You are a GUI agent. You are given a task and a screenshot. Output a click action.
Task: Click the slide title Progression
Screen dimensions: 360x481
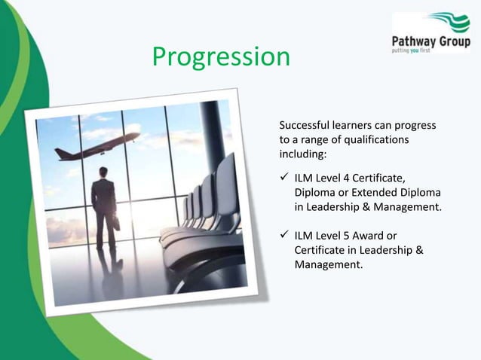click(220, 57)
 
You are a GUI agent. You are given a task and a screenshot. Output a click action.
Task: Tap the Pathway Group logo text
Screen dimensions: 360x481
click(429, 40)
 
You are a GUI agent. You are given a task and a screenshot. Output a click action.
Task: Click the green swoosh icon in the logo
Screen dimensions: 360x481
click(449, 22)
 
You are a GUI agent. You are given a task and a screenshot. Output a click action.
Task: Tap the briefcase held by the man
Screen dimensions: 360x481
click(117, 222)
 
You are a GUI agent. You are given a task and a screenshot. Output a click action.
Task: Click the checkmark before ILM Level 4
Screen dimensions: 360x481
click(284, 178)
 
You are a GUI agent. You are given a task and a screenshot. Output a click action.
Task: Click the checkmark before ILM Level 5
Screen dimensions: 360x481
click(284, 236)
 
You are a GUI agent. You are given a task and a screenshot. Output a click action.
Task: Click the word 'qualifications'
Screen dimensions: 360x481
click(374, 139)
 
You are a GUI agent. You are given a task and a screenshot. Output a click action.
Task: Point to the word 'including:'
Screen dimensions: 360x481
click(304, 154)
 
